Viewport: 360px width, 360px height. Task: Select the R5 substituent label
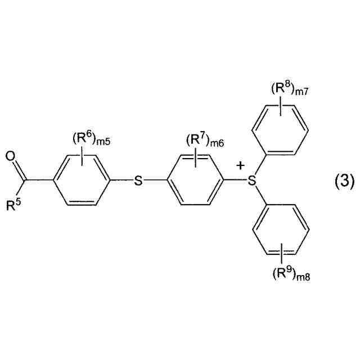pos(13,205)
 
